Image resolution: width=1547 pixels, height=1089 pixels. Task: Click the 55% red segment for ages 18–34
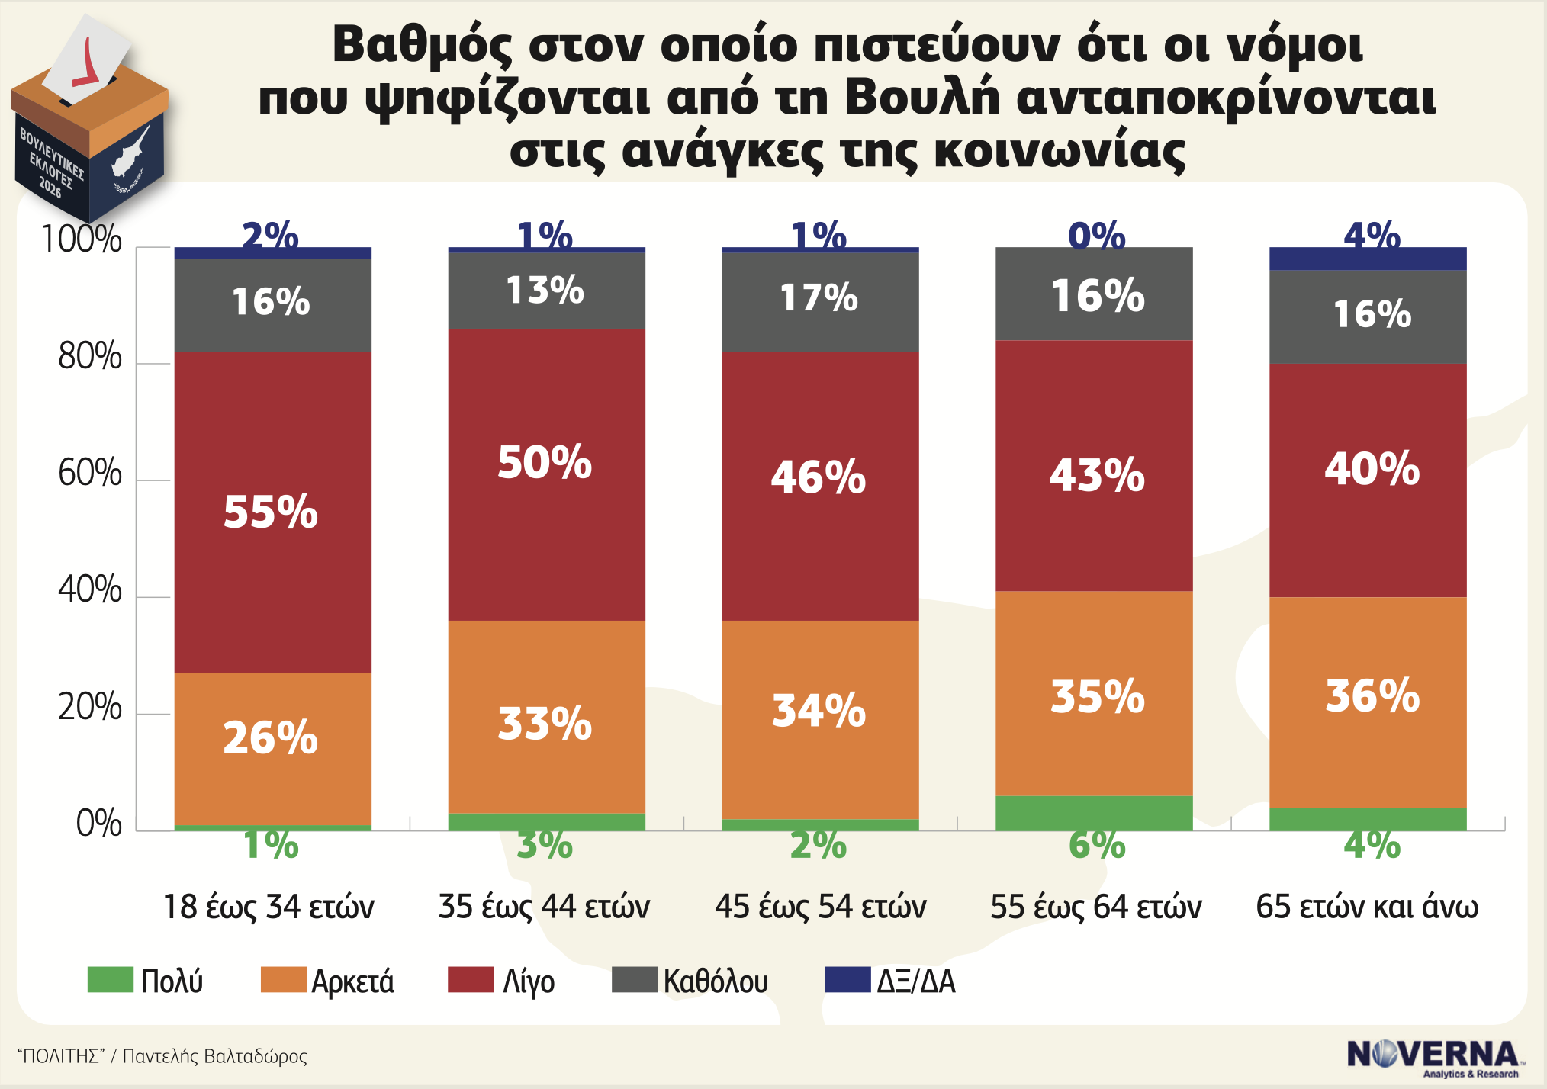click(272, 512)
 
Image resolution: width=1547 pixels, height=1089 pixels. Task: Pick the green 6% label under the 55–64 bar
click(1097, 845)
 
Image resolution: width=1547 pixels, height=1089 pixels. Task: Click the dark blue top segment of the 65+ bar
click(1368, 259)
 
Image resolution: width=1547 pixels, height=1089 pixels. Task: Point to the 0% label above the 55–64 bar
click(1097, 236)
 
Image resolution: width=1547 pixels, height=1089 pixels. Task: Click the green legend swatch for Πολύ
click(110, 979)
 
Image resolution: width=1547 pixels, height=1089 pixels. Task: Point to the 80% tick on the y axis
click(90, 357)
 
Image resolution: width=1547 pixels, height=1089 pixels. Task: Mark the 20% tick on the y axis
click(90, 708)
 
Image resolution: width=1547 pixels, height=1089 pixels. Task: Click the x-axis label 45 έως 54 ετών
click(820, 907)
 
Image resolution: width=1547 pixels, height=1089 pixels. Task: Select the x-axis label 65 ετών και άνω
click(1367, 907)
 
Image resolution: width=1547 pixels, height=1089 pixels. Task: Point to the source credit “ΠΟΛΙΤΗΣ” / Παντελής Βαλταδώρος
click(162, 1056)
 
